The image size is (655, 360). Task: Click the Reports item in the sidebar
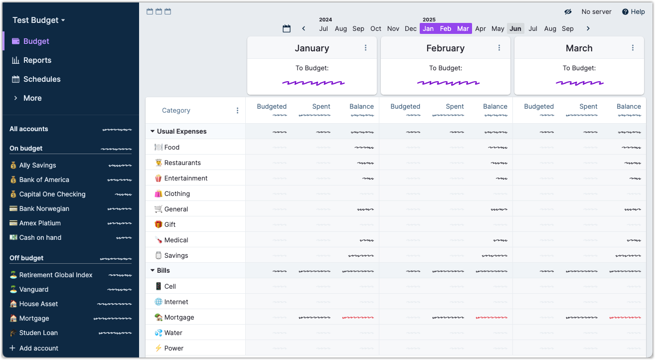(37, 60)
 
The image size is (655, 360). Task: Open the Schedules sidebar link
(41, 79)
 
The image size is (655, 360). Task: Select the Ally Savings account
(37, 166)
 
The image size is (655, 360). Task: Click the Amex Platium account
(40, 223)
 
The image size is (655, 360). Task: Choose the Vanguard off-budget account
(34, 290)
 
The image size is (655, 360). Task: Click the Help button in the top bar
(633, 12)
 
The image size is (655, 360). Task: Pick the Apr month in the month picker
(481, 29)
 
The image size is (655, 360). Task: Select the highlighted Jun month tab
(515, 29)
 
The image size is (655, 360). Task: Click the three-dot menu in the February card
(499, 48)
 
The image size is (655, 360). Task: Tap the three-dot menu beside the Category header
(237, 111)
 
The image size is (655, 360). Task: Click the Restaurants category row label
(182, 163)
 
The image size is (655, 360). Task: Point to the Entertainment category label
(185, 179)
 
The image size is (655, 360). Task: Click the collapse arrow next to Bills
(153, 271)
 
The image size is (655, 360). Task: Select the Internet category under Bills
(176, 302)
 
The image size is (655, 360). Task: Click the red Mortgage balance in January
(358, 318)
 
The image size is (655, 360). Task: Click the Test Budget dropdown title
(39, 20)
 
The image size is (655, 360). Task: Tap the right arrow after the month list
(588, 29)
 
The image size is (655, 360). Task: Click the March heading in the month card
(579, 48)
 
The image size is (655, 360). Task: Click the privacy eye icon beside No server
(568, 12)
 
